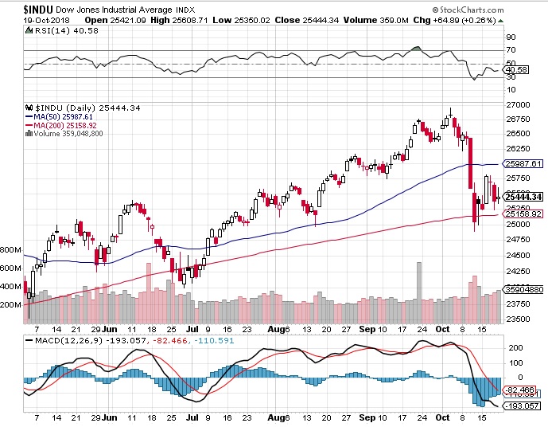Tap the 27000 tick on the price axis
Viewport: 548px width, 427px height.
click(x=519, y=104)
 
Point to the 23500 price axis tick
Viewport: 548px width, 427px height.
click(x=519, y=319)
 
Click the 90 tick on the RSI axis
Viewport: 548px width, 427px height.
click(x=512, y=37)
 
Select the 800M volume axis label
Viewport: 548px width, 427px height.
click(x=10, y=249)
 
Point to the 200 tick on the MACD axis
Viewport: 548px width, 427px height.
click(x=515, y=348)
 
